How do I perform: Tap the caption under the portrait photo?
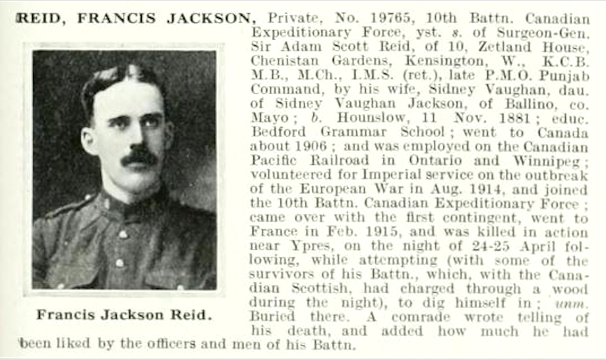point(125,315)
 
